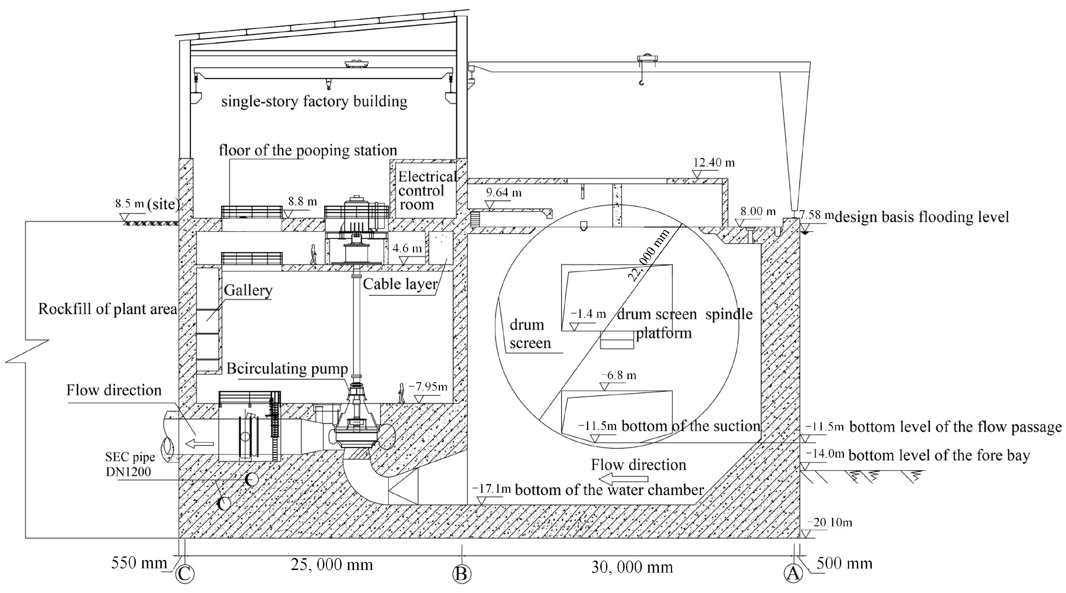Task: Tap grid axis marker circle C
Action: point(184,574)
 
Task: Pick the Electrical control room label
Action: point(426,190)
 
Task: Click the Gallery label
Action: point(248,290)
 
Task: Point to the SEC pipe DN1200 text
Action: point(130,464)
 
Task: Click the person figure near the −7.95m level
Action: point(401,393)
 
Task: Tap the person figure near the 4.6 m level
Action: point(313,254)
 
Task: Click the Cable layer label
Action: point(400,284)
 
